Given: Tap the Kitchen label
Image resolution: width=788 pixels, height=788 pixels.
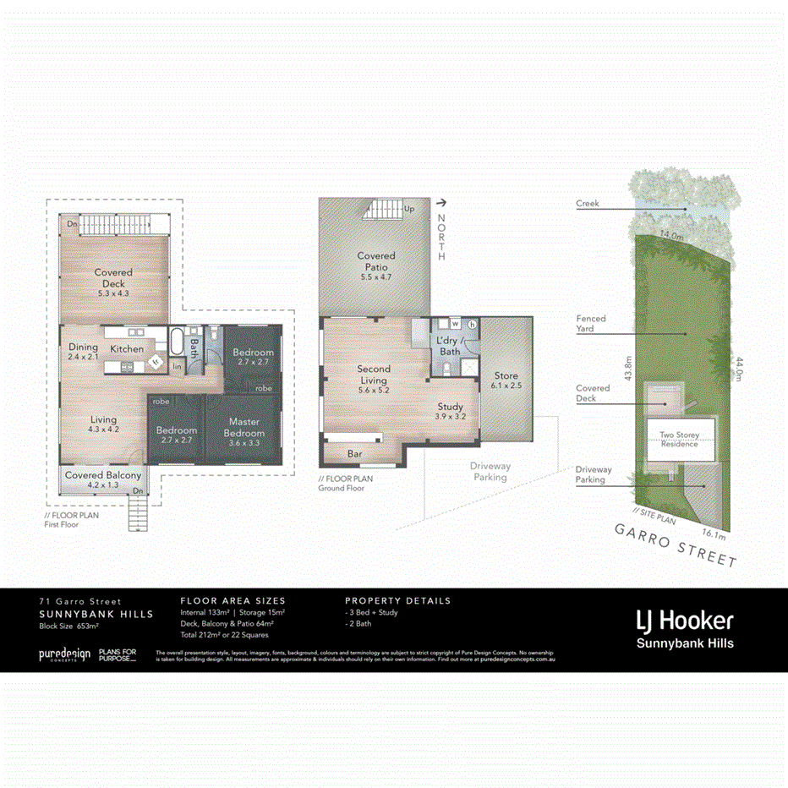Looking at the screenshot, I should [x=127, y=348].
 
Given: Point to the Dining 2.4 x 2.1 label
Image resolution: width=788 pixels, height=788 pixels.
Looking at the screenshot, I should [x=83, y=352].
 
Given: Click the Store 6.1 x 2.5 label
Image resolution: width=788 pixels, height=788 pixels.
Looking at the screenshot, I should [x=506, y=380].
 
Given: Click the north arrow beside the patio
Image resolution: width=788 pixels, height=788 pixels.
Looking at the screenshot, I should [x=441, y=203].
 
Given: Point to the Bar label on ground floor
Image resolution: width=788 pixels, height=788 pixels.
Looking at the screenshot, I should [x=355, y=454].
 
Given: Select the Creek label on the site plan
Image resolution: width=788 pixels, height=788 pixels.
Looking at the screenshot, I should [x=588, y=204].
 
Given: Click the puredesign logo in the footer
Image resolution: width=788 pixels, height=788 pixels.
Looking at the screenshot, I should [x=64, y=654].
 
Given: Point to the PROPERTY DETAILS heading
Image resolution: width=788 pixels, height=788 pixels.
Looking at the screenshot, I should [x=397, y=600].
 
